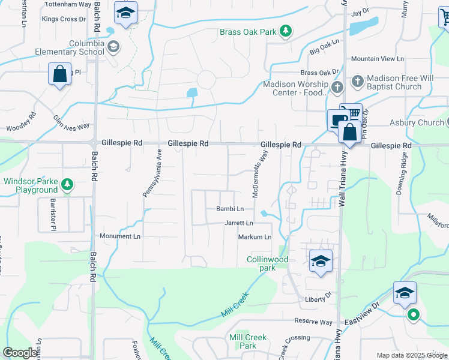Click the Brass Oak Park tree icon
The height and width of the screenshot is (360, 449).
coord(287,30)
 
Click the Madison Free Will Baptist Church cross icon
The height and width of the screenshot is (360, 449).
coord(357,80)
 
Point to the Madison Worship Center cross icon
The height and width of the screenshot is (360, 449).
coord(337,87)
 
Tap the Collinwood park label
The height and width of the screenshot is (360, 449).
coord(268,263)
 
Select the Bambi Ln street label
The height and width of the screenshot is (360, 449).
coord(230,209)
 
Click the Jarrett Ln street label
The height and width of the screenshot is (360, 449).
coord(239,223)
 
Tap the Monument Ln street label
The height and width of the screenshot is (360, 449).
coord(119,236)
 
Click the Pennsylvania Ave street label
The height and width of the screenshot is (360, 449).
coord(152,173)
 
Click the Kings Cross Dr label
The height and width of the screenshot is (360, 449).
coord(60,19)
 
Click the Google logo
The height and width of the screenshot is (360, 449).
coord(20,353)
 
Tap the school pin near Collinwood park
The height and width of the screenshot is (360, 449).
coord(321,262)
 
